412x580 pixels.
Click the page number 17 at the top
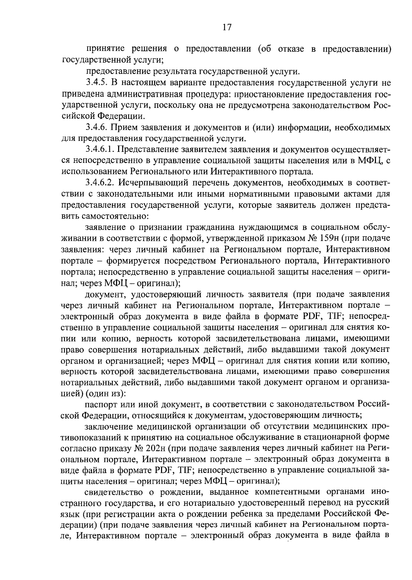point(227,27)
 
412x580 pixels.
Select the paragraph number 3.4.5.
point(98,83)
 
